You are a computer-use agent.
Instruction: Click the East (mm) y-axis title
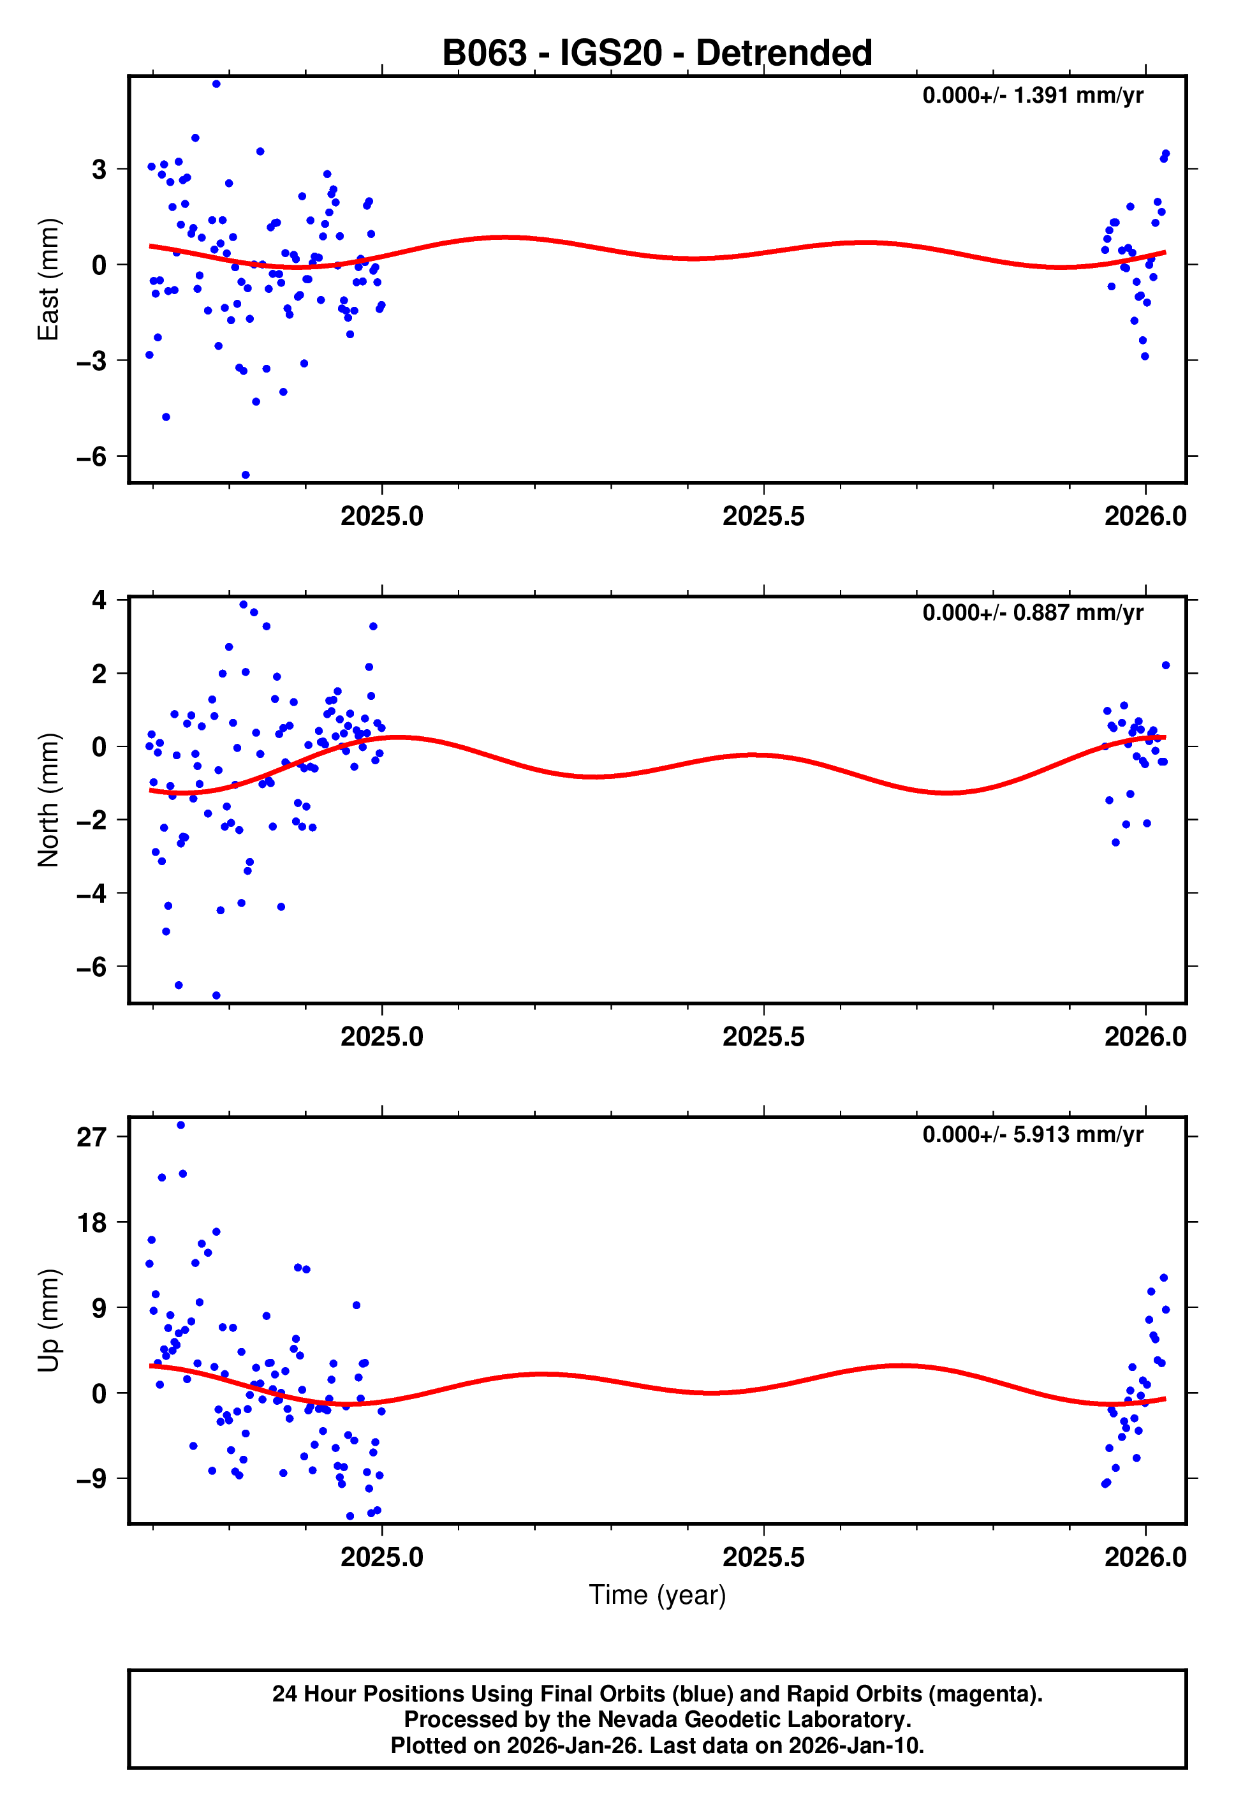[x=48, y=279]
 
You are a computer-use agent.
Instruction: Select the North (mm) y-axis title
[x=48, y=800]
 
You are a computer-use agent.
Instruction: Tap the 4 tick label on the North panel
[x=99, y=600]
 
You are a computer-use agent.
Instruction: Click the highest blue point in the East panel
[x=216, y=84]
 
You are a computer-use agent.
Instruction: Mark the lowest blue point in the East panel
[x=245, y=475]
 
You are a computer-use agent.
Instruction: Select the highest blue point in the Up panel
[x=180, y=1125]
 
